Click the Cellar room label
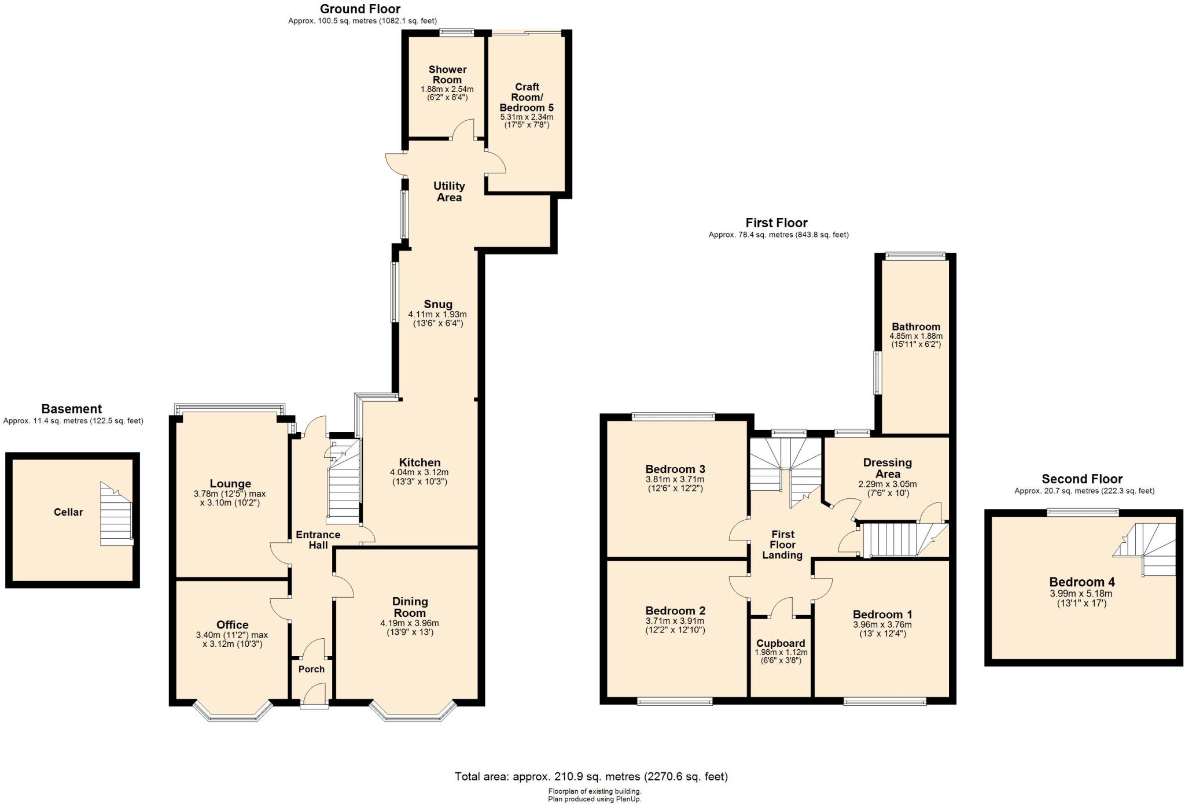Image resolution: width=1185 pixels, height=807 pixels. point(68,512)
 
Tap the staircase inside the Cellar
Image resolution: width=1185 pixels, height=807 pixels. point(117,514)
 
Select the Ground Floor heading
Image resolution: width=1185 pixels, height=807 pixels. point(360,9)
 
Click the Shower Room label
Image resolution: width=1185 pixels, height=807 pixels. point(447,75)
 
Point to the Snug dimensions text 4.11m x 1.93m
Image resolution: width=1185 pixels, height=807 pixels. point(437,314)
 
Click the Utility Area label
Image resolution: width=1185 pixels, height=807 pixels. point(449,191)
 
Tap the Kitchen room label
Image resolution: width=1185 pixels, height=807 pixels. point(419,462)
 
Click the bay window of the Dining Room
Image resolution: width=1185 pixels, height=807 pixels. point(413,712)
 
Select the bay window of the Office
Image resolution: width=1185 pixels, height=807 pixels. point(233,712)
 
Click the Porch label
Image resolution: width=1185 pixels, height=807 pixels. point(311,669)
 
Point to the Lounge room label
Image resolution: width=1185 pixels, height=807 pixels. point(230,484)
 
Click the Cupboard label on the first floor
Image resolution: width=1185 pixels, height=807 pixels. point(781,643)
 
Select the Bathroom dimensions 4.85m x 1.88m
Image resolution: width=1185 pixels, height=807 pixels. point(916,336)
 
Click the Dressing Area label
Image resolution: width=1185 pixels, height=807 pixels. point(887,468)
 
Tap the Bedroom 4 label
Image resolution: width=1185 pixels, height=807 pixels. point(1082,582)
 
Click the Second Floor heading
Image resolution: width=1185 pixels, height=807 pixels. point(1082,479)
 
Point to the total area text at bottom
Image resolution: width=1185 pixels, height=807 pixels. point(591,776)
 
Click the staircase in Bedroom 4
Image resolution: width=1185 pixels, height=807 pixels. point(1144,549)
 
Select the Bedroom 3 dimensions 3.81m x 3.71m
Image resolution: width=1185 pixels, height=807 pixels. point(675,479)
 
